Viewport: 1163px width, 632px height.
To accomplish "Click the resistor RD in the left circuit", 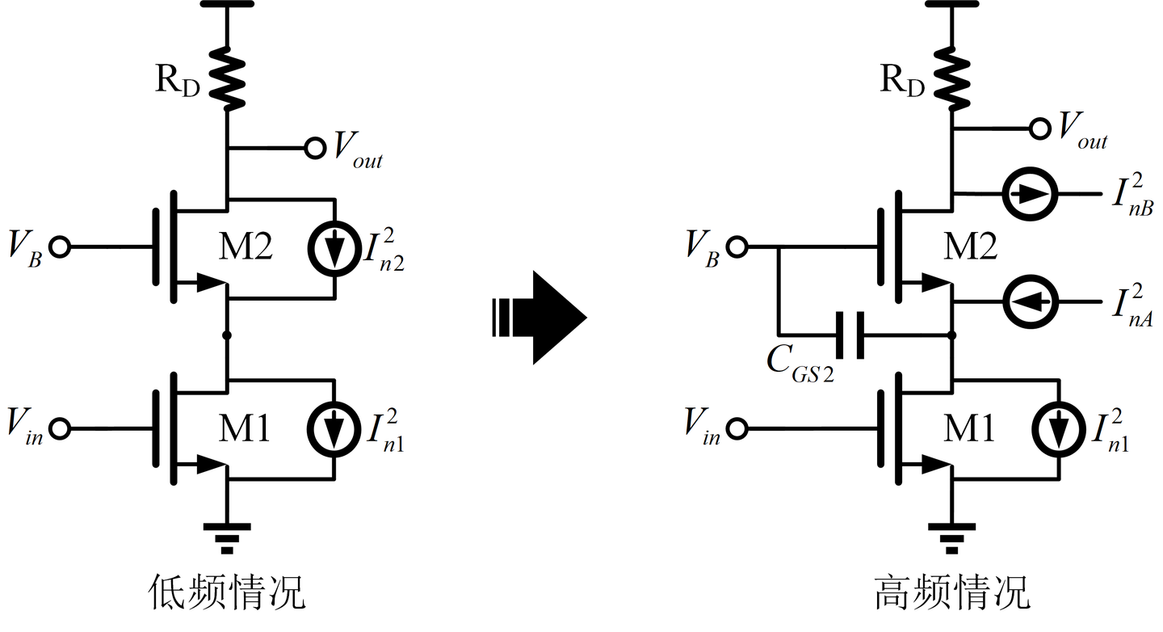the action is (x=227, y=78).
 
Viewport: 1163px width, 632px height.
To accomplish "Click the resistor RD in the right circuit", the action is (x=951, y=78).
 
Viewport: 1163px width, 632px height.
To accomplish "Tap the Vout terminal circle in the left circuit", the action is (x=315, y=148).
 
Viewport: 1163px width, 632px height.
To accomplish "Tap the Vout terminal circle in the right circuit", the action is (x=1040, y=129).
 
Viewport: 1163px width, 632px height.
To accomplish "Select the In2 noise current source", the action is (x=334, y=248).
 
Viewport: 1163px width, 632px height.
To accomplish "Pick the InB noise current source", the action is (x=1030, y=194).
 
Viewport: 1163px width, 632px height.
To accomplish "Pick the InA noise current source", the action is (x=1031, y=301).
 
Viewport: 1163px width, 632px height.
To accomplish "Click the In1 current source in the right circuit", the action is (x=1059, y=430).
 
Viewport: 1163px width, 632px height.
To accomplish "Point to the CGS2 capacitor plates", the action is (x=850, y=335).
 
